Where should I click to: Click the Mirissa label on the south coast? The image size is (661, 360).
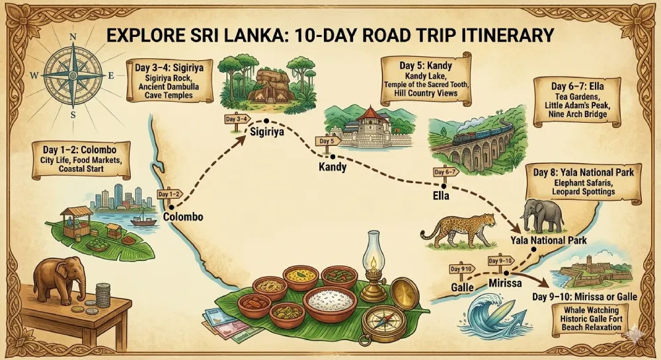tap(506, 283)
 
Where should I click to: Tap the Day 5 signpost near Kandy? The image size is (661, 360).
tap(327, 141)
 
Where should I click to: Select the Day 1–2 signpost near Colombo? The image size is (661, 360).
tap(169, 194)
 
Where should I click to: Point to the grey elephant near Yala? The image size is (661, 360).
tap(542, 215)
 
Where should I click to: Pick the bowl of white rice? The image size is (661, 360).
tap(329, 302)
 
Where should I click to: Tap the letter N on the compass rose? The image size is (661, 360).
tap(73, 37)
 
